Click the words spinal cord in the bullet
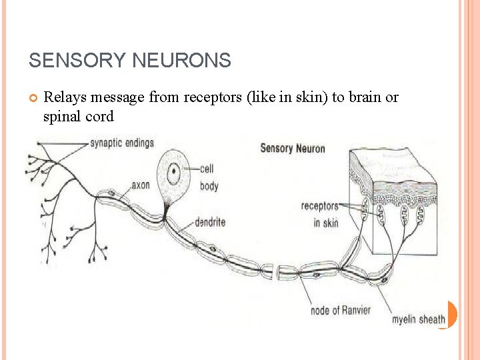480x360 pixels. click(x=79, y=116)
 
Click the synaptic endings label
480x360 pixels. click(x=122, y=143)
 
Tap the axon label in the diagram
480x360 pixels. click(x=140, y=185)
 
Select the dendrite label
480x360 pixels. click(x=210, y=222)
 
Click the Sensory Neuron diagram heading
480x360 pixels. click(x=293, y=148)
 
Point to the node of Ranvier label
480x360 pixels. click(x=340, y=310)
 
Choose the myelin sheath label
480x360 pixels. click(x=418, y=319)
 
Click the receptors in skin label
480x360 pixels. click(x=320, y=214)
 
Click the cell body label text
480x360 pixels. click(x=209, y=177)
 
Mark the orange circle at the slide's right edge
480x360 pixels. click(x=451, y=314)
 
